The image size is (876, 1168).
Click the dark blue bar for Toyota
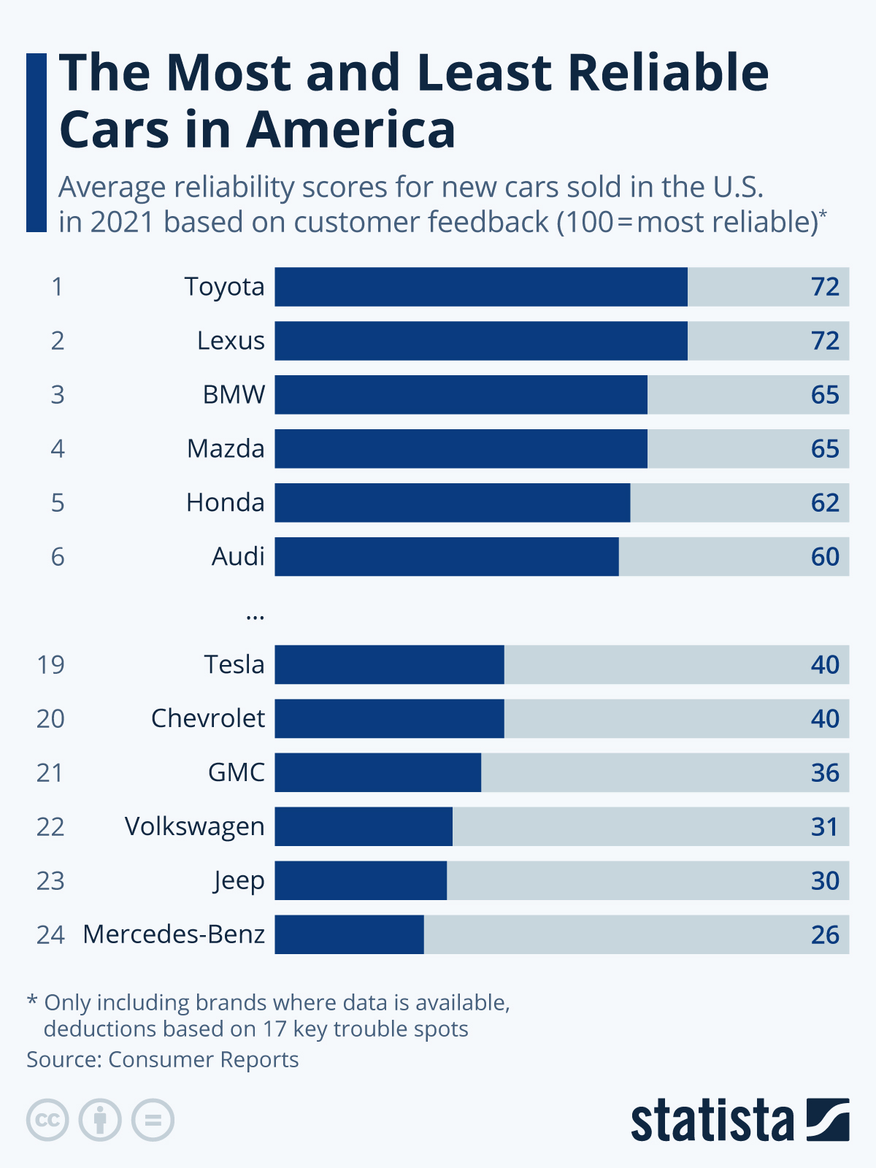point(481,287)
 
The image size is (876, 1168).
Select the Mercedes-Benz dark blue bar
point(349,934)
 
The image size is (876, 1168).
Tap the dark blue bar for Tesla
point(389,664)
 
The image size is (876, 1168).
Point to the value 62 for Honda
point(825,503)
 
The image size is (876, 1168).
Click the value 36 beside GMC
point(825,773)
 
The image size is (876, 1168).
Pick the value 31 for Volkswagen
point(825,827)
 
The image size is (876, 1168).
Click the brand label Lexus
point(231,341)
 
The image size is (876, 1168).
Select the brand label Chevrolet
point(208,719)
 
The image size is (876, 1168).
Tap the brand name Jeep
point(239,881)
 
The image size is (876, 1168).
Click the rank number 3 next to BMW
point(58,395)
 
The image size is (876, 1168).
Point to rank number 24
point(50,935)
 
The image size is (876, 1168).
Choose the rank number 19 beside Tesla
point(50,665)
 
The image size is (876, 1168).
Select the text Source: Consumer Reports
point(163,1059)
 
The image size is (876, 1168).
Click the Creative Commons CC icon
point(47,1120)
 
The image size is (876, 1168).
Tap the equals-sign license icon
point(153,1120)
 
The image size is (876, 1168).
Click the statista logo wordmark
point(712,1121)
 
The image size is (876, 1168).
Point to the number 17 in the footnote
point(274,1029)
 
